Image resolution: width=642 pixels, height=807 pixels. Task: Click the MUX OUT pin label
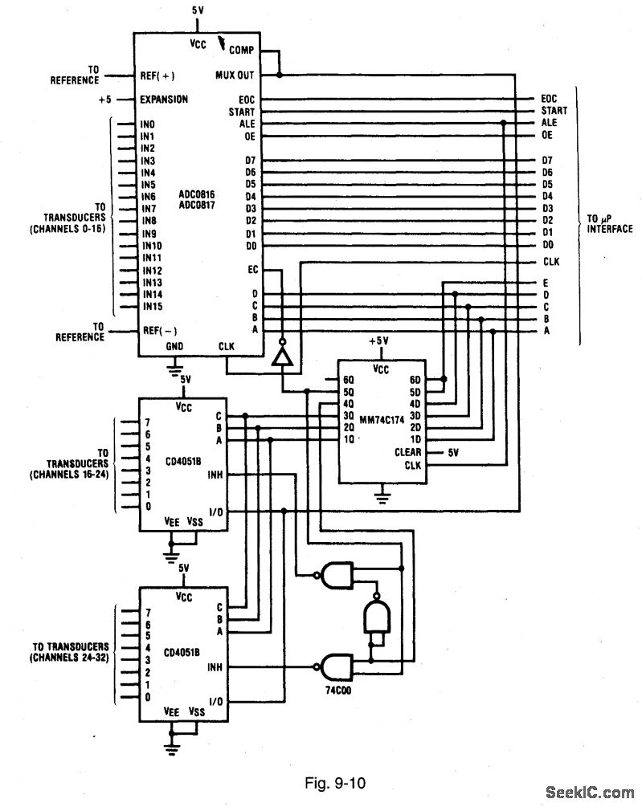[x=235, y=75]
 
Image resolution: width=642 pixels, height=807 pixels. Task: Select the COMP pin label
[x=241, y=50]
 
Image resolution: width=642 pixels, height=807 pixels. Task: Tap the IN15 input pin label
[x=153, y=306]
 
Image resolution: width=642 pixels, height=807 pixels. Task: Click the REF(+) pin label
[x=157, y=75]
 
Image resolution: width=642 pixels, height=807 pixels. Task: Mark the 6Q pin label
[x=348, y=379]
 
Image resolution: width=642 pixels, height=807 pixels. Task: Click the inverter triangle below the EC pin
[x=281, y=357]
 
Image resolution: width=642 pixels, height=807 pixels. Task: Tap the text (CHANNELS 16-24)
[x=72, y=475]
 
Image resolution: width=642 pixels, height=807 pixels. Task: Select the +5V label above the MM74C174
[x=381, y=340]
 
